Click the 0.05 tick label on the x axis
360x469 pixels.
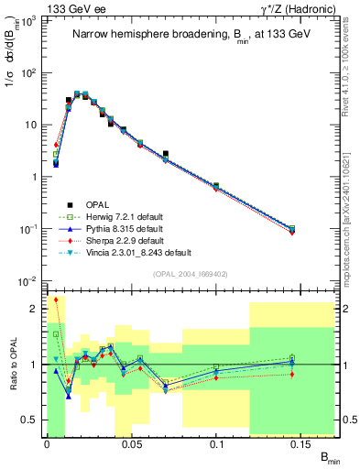tap(132, 443)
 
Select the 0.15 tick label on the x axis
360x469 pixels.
tap(302, 443)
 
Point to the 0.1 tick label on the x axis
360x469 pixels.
tap(217, 443)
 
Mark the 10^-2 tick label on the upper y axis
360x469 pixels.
tap(27, 280)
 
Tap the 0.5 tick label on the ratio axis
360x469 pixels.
tap(30, 420)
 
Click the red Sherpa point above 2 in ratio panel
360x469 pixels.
tap(56, 299)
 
